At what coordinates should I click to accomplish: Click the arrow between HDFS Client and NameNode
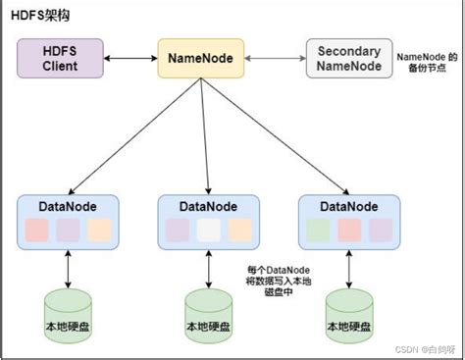tap(131, 58)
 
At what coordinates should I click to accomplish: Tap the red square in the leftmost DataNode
tap(36, 230)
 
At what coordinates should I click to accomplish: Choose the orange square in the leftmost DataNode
tap(98, 230)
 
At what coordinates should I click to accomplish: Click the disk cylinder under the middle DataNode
tap(209, 313)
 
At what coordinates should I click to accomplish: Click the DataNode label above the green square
tap(349, 206)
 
